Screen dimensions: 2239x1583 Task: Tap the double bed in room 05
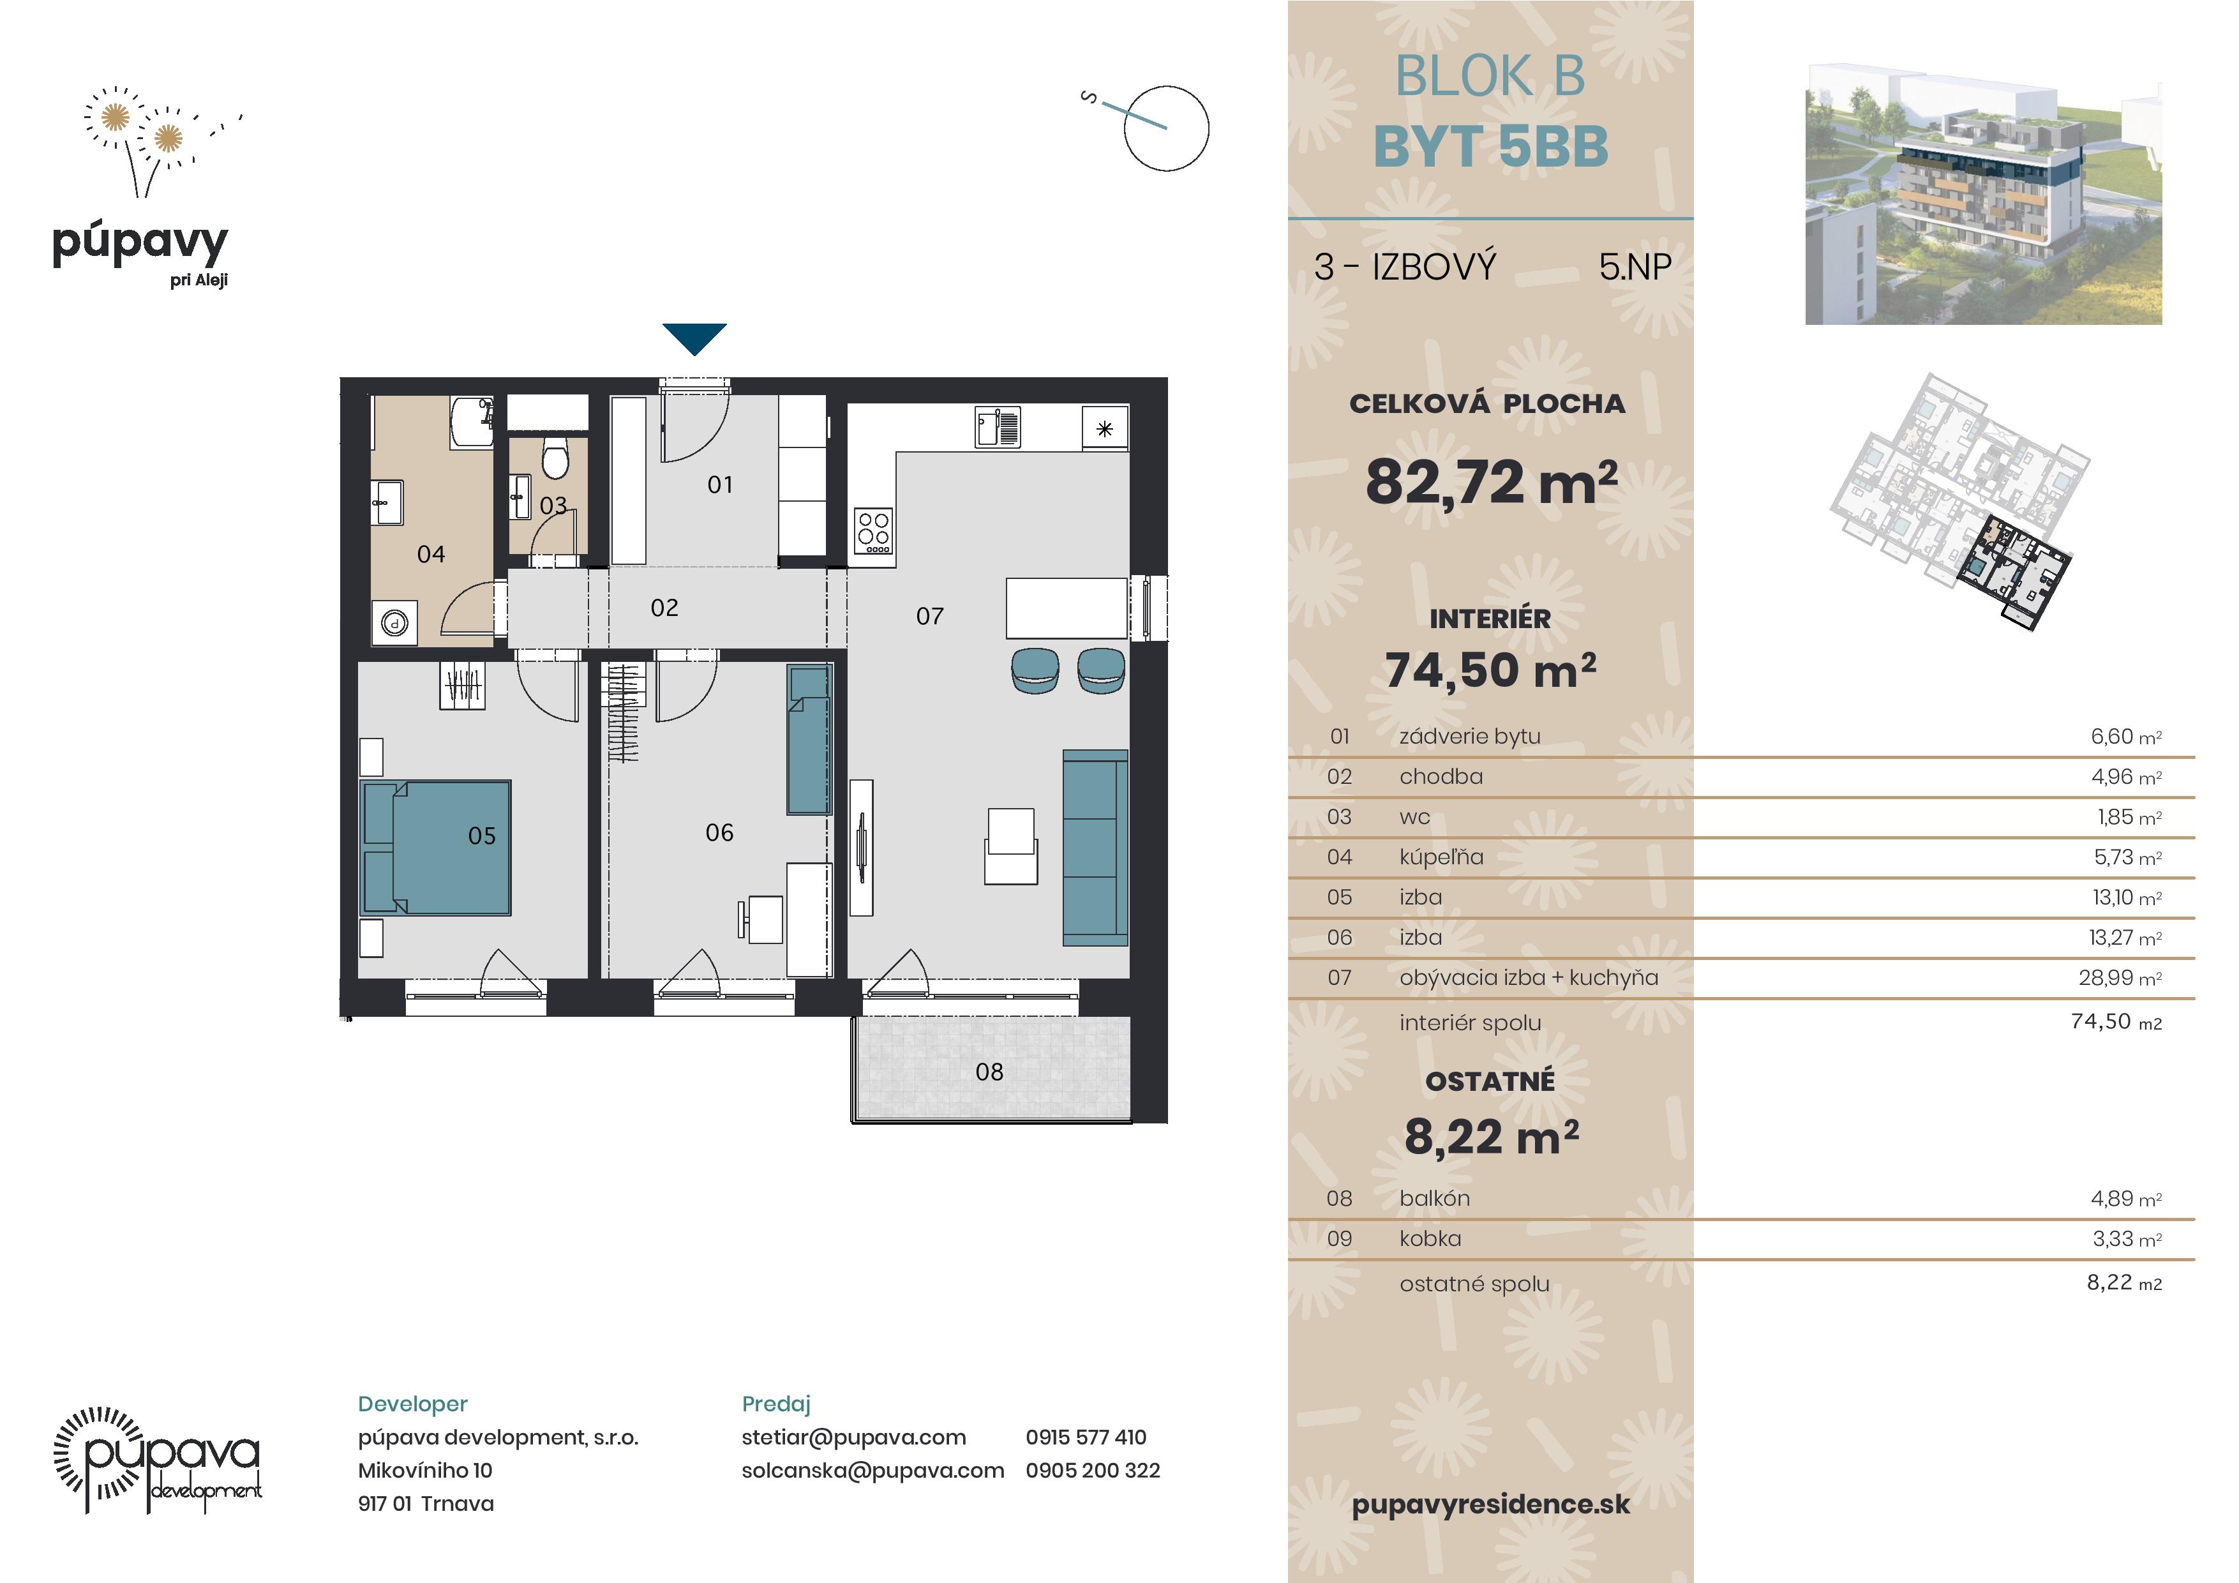[x=436, y=846]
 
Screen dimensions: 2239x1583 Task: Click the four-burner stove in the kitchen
[x=872, y=532]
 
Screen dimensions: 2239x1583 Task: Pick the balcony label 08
[x=989, y=1072]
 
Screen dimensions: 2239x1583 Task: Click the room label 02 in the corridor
[x=664, y=608]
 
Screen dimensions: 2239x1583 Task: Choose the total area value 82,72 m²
[x=1491, y=482]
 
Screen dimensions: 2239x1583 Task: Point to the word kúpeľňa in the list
[x=1441, y=857]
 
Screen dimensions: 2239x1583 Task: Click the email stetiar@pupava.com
[x=853, y=1437]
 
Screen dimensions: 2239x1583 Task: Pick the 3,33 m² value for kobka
[x=2126, y=1239]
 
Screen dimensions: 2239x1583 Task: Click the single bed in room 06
[x=809, y=739]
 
